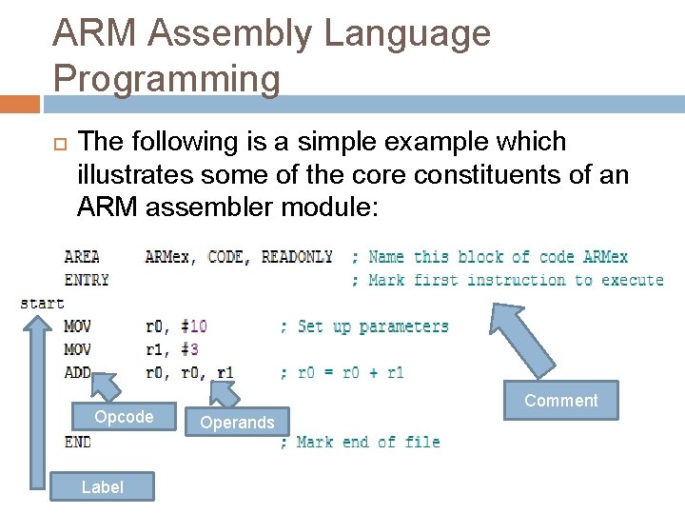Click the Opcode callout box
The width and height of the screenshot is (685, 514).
pyautogui.click(x=123, y=417)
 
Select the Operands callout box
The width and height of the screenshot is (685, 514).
pyautogui.click(x=237, y=423)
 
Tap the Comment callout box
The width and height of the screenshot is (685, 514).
pyautogui.click(x=560, y=401)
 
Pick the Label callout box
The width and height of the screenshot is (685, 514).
pyautogui.click(x=102, y=486)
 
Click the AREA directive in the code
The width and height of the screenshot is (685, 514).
pyautogui.click(x=82, y=257)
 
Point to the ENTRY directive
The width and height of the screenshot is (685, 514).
pyautogui.click(x=87, y=280)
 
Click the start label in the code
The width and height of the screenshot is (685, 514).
pyautogui.click(x=43, y=304)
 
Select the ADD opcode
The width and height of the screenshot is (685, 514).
pyautogui.click(x=77, y=372)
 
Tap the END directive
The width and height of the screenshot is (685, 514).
pyautogui.click(x=77, y=442)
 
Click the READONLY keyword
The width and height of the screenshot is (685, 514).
pyautogui.click(x=297, y=257)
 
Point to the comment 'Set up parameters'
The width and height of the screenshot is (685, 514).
pyautogui.click(x=372, y=326)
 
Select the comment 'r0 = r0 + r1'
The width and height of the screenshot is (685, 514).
pyautogui.click(x=350, y=372)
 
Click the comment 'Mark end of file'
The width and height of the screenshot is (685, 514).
pyautogui.click(x=367, y=442)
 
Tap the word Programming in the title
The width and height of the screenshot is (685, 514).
pyautogui.click(x=167, y=78)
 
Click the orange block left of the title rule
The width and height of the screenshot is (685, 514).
pyautogui.click(x=19, y=103)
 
